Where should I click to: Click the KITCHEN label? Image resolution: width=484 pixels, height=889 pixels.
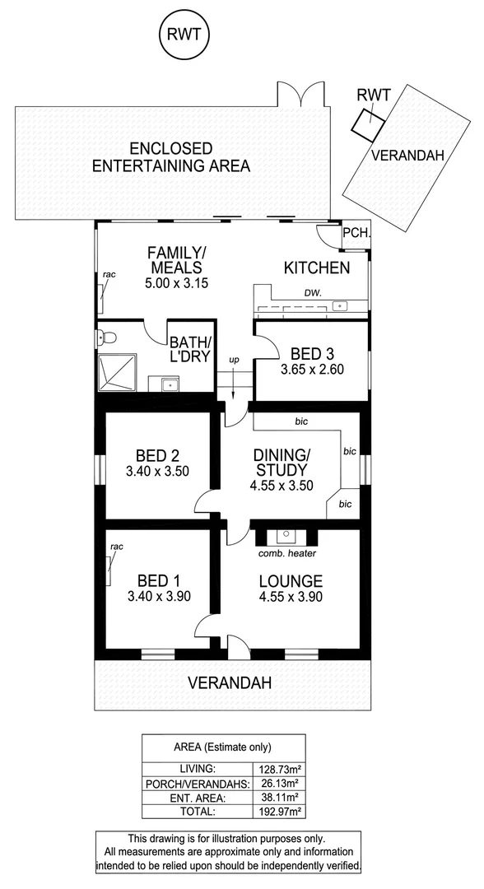click(x=317, y=268)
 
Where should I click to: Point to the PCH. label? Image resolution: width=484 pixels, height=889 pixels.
click(x=356, y=233)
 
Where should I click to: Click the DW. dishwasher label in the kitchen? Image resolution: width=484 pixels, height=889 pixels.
click(x=312, y=292)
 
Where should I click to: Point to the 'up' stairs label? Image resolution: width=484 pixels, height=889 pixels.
click(x=235, y=361)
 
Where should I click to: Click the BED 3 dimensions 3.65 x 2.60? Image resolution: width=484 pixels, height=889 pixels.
click(x=311, y=369)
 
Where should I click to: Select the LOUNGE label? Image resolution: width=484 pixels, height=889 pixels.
click(x=288, y=579)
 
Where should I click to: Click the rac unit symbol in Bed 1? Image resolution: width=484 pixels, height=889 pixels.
click(x=109, y=570)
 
